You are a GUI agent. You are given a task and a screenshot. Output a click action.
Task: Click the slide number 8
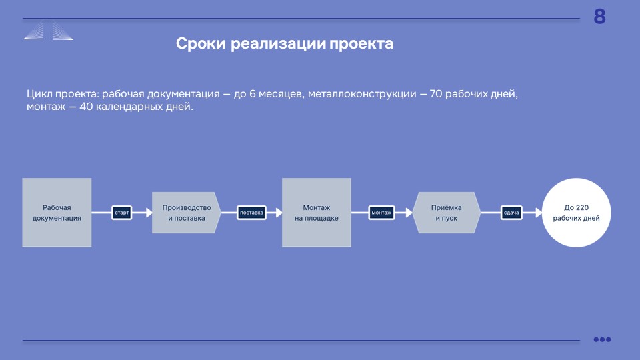(x=599, y=17)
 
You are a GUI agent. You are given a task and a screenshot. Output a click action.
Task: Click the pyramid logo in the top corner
(x=48, y=31)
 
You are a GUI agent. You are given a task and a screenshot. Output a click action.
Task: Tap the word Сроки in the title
(x=201, y=43)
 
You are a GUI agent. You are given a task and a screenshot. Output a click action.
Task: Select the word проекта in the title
(x=361, y=44)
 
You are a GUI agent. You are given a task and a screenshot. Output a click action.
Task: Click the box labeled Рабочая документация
(x=57, y=213)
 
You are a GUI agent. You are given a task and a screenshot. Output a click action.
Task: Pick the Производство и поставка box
(x=187, y=213)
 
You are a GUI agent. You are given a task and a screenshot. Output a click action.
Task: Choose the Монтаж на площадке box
(x=316, y=213)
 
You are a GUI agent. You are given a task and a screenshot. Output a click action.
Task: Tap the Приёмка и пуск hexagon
(x=447, y=213)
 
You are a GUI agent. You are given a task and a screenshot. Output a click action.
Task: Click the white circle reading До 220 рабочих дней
(x=576, y=213)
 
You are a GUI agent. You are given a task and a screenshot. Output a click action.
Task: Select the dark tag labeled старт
(x=121, y=213)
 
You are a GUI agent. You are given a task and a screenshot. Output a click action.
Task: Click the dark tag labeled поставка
(x=251, y=213)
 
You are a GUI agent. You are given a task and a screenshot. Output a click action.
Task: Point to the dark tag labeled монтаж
(x=381, y=213)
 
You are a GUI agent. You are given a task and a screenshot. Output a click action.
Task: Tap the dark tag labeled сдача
(x=511, y=213)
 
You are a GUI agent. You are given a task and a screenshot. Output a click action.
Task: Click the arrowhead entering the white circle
(x=539, y=213)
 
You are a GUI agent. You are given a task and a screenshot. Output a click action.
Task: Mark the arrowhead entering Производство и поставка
(x=149, y=213)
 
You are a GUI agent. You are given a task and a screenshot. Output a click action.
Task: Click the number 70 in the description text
(x=436, y=94)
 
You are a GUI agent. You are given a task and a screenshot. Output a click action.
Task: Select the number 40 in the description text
(x=86, y=107)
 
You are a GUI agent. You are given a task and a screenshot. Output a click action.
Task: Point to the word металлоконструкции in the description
(x=362, y=94)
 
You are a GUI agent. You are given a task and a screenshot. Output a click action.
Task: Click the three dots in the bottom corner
(x=602, y=339)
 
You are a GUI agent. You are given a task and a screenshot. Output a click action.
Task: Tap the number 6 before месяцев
(x=252, y=94)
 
